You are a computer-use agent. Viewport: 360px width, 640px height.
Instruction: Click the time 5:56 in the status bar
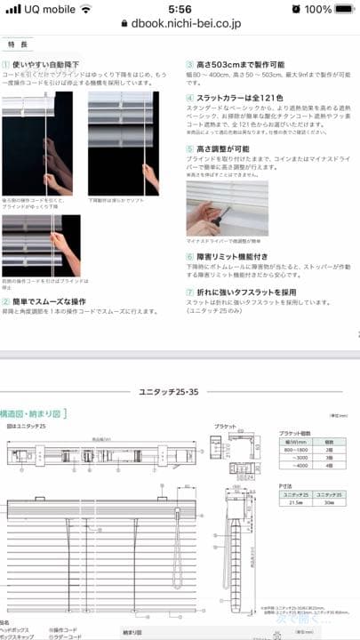[180, 9]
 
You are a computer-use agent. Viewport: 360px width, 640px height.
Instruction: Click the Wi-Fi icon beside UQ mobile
[85, 9]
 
